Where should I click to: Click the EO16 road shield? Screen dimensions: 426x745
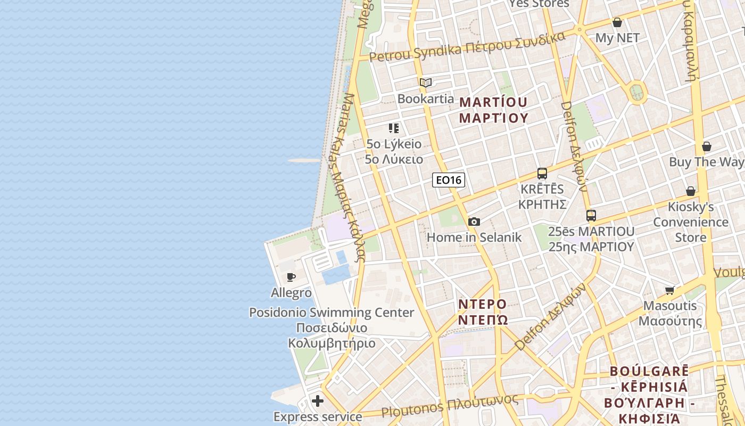click(x=448, y=180)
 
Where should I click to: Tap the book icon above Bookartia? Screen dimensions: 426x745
click(x=425, y=83)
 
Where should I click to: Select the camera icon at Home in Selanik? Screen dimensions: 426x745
click(x=474, y=222)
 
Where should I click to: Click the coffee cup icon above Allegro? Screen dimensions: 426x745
click(x=291, y=277)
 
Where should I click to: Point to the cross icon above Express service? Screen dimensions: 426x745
click(x=318, y=400)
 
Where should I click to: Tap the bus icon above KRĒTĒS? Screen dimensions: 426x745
click(x=542, y=174)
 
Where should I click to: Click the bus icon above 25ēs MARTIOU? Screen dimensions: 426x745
click(x=591, y=216)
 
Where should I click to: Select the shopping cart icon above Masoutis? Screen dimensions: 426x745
click(x=669, y=290)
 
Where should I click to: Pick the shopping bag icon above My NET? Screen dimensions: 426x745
click(x=617, y=22)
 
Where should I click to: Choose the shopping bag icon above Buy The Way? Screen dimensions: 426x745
click(x=707, y=146)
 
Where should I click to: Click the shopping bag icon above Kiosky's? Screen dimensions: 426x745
click(x=690, y=191)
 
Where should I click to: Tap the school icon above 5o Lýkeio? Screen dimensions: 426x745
click(x=394, y=128)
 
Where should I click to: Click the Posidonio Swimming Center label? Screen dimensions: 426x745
click(x=332, y=313)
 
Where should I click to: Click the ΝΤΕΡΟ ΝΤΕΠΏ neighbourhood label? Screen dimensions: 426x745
click(x=483, y=312)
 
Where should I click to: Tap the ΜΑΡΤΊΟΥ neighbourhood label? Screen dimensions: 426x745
click(x=493, y=110)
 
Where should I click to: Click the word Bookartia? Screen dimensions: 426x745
click(x=426, y=99)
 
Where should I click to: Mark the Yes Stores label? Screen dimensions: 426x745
click(x=539, y=4)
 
